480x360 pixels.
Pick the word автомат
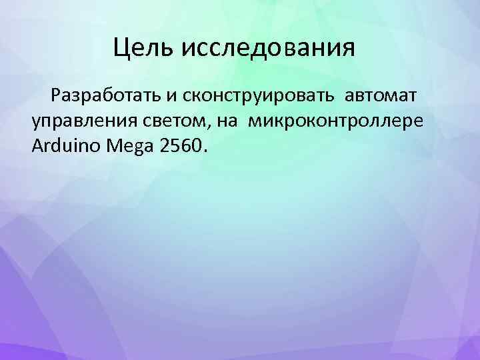(383, 96)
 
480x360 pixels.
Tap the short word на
(225, 121)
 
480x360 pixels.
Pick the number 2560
(180, 146)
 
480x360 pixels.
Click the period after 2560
(205, 151)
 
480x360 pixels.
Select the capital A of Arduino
(36, 146)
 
